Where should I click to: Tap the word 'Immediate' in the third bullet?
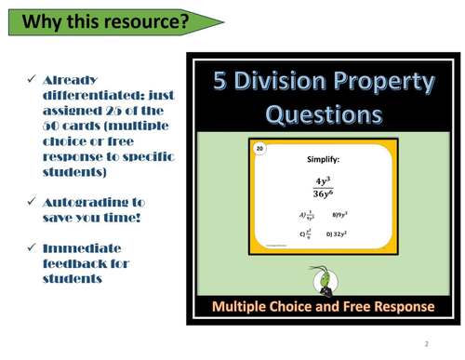[82, 248]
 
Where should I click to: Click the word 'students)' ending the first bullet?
[75, 172]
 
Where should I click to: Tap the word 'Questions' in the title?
[324, 115]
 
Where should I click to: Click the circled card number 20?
[260, 150]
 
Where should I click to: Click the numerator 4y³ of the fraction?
[323, 180]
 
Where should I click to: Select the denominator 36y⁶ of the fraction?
[323, 193]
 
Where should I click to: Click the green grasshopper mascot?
[322, 277]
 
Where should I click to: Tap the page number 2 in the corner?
[427, 343]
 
